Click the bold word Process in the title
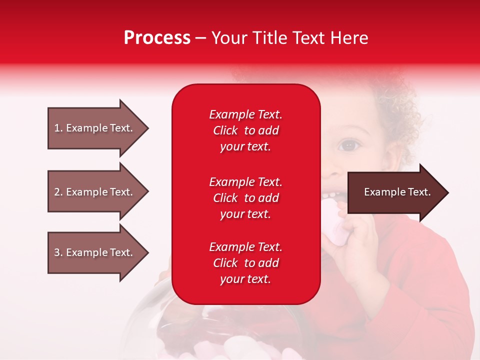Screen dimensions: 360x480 (x=157, y=38)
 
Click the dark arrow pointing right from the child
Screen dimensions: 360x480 (x=395, y=192)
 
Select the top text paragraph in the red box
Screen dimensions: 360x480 (x=245, y=130)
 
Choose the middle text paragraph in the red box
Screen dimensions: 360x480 (x=245, y=198)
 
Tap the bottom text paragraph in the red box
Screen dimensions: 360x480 (x=245, y=263)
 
